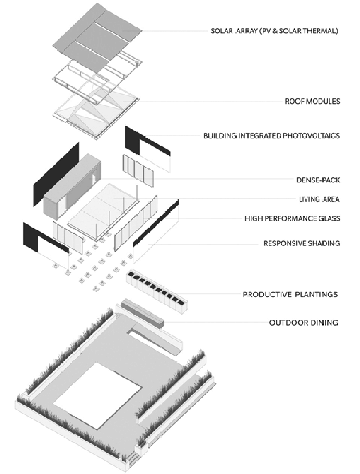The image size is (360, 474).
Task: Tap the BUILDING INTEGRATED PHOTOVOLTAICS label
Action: point(271,136)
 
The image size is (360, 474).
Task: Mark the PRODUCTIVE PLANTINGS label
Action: point(290,295)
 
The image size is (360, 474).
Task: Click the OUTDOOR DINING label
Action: point(303,323)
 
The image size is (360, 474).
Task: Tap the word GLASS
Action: point(329,218)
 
